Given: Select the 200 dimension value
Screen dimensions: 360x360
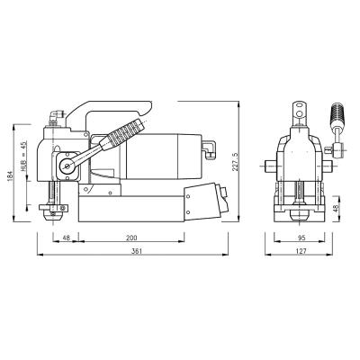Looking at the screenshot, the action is point(131,238).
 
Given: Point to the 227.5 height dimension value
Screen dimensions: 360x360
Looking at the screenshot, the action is point(235,162).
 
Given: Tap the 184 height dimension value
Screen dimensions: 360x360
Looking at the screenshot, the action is point(10,176).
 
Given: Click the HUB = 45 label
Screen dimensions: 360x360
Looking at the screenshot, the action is point(24,156).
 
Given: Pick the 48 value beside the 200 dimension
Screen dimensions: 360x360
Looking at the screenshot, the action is point(66,238).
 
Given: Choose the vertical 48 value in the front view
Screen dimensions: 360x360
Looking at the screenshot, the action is point(336,208).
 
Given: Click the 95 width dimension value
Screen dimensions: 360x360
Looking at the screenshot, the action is point(301,238).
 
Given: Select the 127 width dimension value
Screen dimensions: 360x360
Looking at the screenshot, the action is point(301,251).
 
